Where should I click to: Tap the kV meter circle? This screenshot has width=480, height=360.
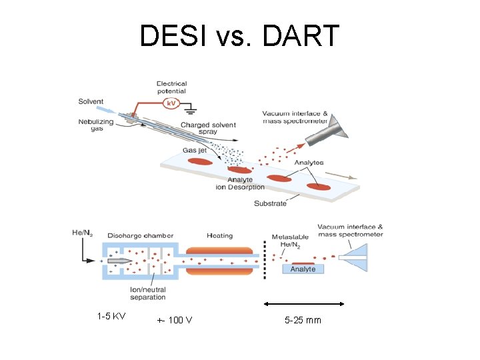tap(171, 104)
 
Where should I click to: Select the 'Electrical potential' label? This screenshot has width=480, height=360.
tap(172, 87)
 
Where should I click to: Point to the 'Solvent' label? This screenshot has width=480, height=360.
tap(91, 102)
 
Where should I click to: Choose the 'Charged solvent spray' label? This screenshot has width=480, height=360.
tap(207, 129)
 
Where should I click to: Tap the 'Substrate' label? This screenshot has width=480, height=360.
tap(270, 203)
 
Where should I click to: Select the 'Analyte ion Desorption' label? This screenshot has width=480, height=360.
tap(240, 183)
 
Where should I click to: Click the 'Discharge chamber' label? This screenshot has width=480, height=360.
tap(140, 235)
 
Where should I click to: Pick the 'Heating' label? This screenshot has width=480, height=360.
tap(219, 235)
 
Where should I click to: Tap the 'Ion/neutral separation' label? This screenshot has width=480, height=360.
tap(148, 293)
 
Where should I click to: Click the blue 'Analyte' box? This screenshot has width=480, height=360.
tap(303, 269)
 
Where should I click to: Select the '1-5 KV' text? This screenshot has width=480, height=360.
tap(111, 315)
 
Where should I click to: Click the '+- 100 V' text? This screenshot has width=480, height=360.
tap(175, 320)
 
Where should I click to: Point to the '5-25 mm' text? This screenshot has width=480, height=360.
tap(303, 320)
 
